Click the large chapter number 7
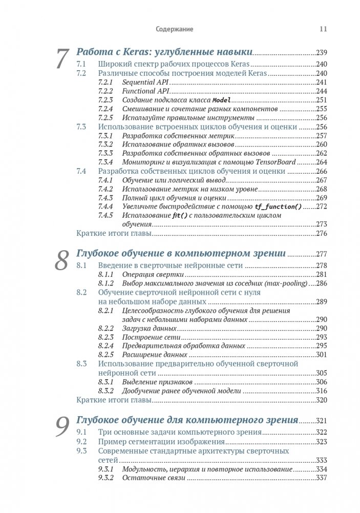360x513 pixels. [62, 59]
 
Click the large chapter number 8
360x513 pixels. [62, 261]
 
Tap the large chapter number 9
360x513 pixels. [62, 427]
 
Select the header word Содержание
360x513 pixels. [174, 29]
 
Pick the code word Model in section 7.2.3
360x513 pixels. [222, 100]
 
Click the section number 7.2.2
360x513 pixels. [104, 91]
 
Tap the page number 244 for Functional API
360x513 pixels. [321, 91]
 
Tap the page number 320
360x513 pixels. [321, 400]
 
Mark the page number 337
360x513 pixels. [321, 478]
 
